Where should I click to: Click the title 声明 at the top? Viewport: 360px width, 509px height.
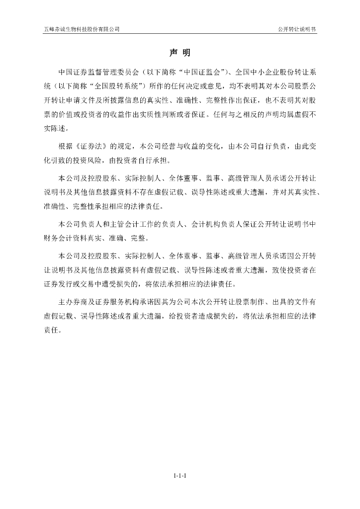click(180, 53)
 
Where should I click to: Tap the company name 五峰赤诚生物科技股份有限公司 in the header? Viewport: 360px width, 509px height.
click(82, 29)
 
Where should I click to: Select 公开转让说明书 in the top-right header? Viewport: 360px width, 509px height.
click(297, 29)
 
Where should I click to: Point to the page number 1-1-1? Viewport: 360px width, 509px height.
click(180, 476)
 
